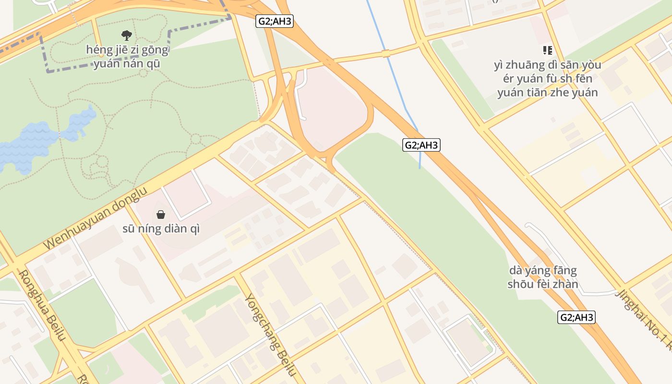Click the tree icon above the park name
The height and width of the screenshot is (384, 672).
[127, 35]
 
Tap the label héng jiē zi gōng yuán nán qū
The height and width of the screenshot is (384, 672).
[127, 56]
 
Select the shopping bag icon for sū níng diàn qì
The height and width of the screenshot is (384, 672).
[161, 214]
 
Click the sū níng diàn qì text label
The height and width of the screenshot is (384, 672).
[161, 229]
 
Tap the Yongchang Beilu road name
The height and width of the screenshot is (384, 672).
[270, 334]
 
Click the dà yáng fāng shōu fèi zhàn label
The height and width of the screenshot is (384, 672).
[543, 277]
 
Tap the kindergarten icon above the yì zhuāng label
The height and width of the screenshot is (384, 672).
[547, 50]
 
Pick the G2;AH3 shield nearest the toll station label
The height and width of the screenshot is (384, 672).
[576, 317]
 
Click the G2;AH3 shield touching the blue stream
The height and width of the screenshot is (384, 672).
[421, 145]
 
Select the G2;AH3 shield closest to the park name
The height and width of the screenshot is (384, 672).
[274, 21]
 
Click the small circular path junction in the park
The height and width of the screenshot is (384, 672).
[195, 140]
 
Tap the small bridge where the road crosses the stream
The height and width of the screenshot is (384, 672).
[386, 53]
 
